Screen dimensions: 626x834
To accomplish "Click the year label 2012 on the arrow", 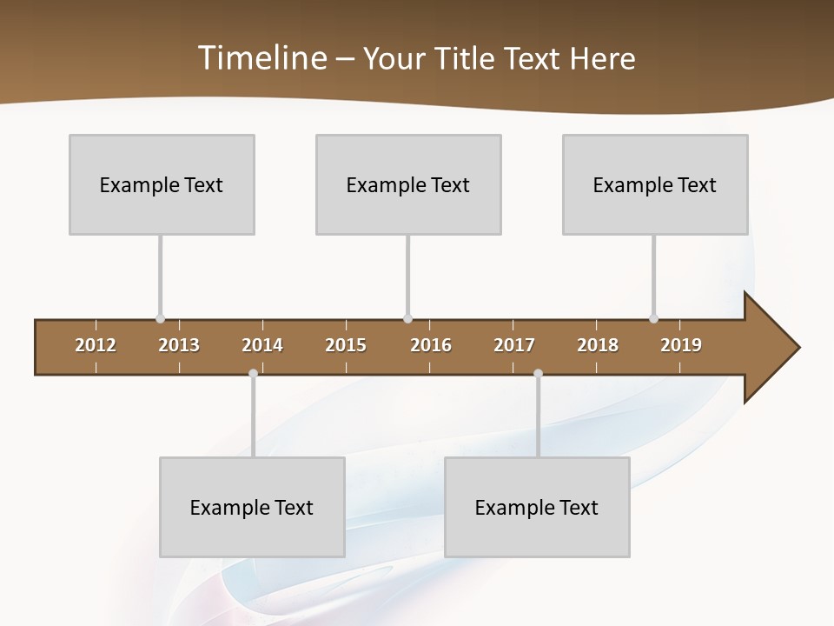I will (x=96, y=345).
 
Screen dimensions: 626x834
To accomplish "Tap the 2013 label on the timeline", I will (x=179, y=345).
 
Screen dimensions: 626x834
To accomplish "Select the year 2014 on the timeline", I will (x=262, y=345).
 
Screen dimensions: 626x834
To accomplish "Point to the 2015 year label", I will (x=346, y=345).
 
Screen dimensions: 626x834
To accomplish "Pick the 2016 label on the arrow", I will (x=431, y=345).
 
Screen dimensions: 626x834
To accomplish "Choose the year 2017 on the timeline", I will (x=514, y=345).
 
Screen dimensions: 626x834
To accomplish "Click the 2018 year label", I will (x=598, y=345).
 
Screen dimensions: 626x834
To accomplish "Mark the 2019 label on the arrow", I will (x=681, y=345).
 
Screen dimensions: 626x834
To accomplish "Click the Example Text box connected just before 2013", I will (x=162, y=184).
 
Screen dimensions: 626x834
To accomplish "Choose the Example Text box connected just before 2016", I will (x=408, y=184).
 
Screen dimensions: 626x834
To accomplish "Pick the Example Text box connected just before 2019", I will (x=655, y=184).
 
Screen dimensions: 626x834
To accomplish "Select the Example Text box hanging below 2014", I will (x=252, y=507).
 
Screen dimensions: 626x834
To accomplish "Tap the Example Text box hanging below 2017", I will (x=537, y=507).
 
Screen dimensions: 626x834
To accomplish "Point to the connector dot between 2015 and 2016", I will (x=408, y=319).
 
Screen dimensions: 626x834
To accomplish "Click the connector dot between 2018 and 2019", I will (x=654, y=319).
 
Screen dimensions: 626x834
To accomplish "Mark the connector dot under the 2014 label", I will (x=253, y=373).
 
